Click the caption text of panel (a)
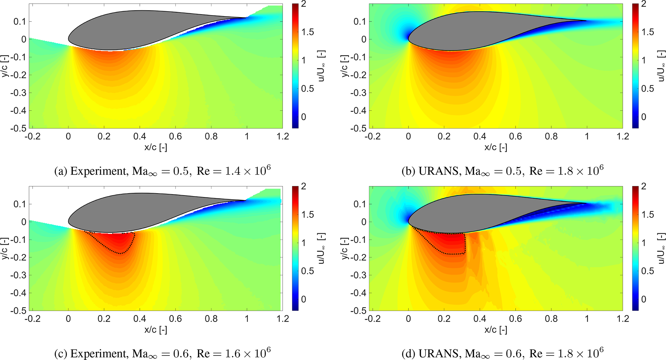click(162, 171)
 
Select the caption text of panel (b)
click(502, 171)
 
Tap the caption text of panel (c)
click(162, 353)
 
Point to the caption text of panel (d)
click(502, 353)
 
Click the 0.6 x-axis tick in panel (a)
click(175, 137)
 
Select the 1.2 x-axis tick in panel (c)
click(283, 319)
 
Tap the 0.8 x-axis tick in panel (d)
click(551, 319)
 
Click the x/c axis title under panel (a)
click(156, 147)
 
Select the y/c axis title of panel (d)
click(344, 248)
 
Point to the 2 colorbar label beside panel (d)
click(643, 186)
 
